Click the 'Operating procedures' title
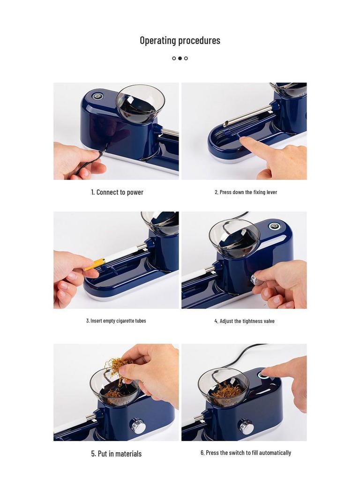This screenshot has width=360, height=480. point(180,40)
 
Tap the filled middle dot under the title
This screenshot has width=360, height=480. point(180,59)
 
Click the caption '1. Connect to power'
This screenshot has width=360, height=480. point(117,192)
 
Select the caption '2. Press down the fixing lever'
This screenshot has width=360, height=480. point(246,192)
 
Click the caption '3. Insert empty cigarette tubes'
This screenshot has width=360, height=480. point(116,321)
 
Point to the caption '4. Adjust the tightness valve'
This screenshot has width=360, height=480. point(244,321)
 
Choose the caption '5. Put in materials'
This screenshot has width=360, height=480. point(116,454)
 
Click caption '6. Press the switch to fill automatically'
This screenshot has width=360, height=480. point(246,453)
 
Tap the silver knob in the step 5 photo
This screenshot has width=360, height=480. point(138,426)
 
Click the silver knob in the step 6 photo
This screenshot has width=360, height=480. point(246,427)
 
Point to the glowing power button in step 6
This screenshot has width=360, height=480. point(265,375)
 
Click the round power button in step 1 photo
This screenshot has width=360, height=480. point(97,96)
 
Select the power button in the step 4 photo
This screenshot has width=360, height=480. point(274,226)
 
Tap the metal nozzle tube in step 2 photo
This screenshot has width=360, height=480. point(248,115)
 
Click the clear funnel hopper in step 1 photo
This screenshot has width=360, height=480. point(140,104)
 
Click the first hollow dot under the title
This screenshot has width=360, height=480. point(174,59)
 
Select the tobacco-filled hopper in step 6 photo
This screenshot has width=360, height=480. point(223,387)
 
